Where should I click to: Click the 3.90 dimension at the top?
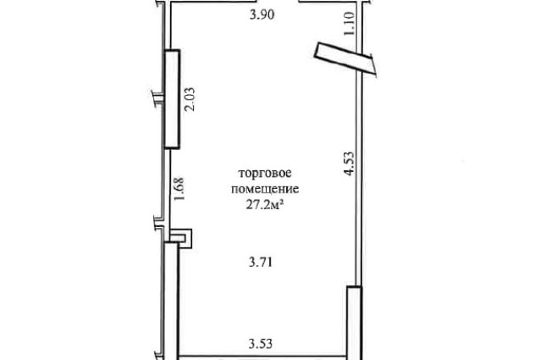262,15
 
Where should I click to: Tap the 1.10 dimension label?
350,24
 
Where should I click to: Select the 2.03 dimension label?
190,99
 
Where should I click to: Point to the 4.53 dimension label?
350,163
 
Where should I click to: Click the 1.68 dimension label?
179,189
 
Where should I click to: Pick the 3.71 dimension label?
261,263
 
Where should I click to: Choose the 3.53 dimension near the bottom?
261,343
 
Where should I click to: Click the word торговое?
265,173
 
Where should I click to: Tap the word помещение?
265,189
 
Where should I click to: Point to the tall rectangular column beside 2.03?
173,99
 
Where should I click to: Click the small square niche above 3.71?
181,238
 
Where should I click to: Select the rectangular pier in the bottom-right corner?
354,323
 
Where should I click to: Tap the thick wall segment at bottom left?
171,301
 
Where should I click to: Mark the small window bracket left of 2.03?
157,99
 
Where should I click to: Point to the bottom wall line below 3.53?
262,357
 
